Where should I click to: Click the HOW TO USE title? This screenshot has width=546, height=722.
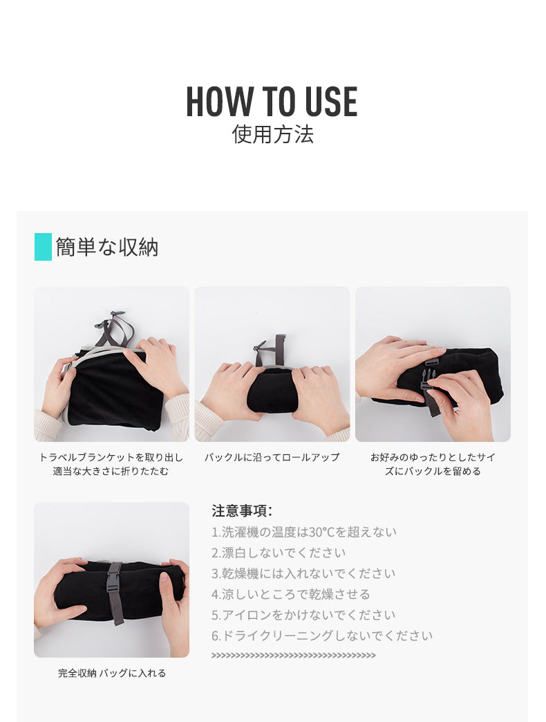tap(272, 101)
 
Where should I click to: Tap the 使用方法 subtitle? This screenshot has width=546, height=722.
tap(272, 134)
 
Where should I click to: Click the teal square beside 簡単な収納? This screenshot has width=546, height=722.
tap(43, 247)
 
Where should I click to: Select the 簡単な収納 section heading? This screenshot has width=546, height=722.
tap(107, 247)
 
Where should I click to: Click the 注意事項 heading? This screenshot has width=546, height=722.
tap(242, 510)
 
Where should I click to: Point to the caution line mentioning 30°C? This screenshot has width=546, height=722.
tap(304, 532)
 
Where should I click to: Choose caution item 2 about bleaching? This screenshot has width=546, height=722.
tap(279, 553)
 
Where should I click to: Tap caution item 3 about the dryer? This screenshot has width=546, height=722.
tap(303, 573)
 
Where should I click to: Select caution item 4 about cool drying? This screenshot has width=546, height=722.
tap(291, 594)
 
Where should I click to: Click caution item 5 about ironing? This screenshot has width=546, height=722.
tap(303, 615)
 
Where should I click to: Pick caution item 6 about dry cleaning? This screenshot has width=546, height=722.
tap(322, 636)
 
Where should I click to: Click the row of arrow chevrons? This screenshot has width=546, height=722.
tap(294, 655)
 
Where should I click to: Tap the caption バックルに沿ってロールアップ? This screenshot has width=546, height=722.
tap(272, 457)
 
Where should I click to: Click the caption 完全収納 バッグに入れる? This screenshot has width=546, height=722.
tap(112, 673)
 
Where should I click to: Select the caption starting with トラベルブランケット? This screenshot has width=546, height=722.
tap(111, 464)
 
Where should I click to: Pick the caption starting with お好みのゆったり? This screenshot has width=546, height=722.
tap(433, 464)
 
